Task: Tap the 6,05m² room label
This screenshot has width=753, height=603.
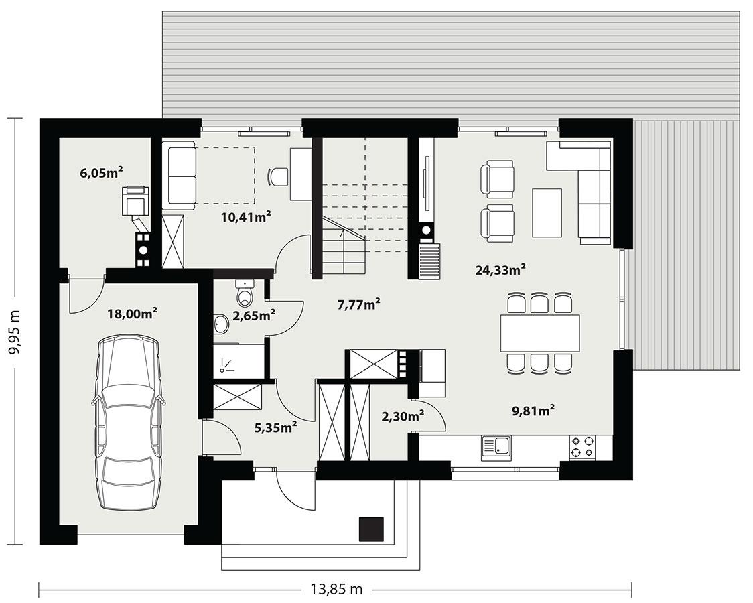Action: point(100,173)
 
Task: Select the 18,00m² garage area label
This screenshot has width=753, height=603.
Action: point(132,312)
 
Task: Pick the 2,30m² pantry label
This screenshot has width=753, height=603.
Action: point(402,416)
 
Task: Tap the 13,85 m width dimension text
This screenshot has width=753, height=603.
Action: point(336,589)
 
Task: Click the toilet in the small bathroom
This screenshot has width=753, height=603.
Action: point(245,295)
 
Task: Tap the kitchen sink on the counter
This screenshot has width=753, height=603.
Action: point(496,447)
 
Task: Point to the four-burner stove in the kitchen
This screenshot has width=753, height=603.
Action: point(582,447)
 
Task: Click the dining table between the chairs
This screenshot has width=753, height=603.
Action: point(539,333)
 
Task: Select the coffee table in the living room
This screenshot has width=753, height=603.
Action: point(547,212)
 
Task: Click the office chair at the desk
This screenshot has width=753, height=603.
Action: point(277,176)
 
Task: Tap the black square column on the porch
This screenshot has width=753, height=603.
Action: point(371,529)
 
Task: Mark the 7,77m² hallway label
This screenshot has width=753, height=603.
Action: point(358,304)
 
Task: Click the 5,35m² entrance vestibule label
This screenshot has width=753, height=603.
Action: point(275,425)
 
